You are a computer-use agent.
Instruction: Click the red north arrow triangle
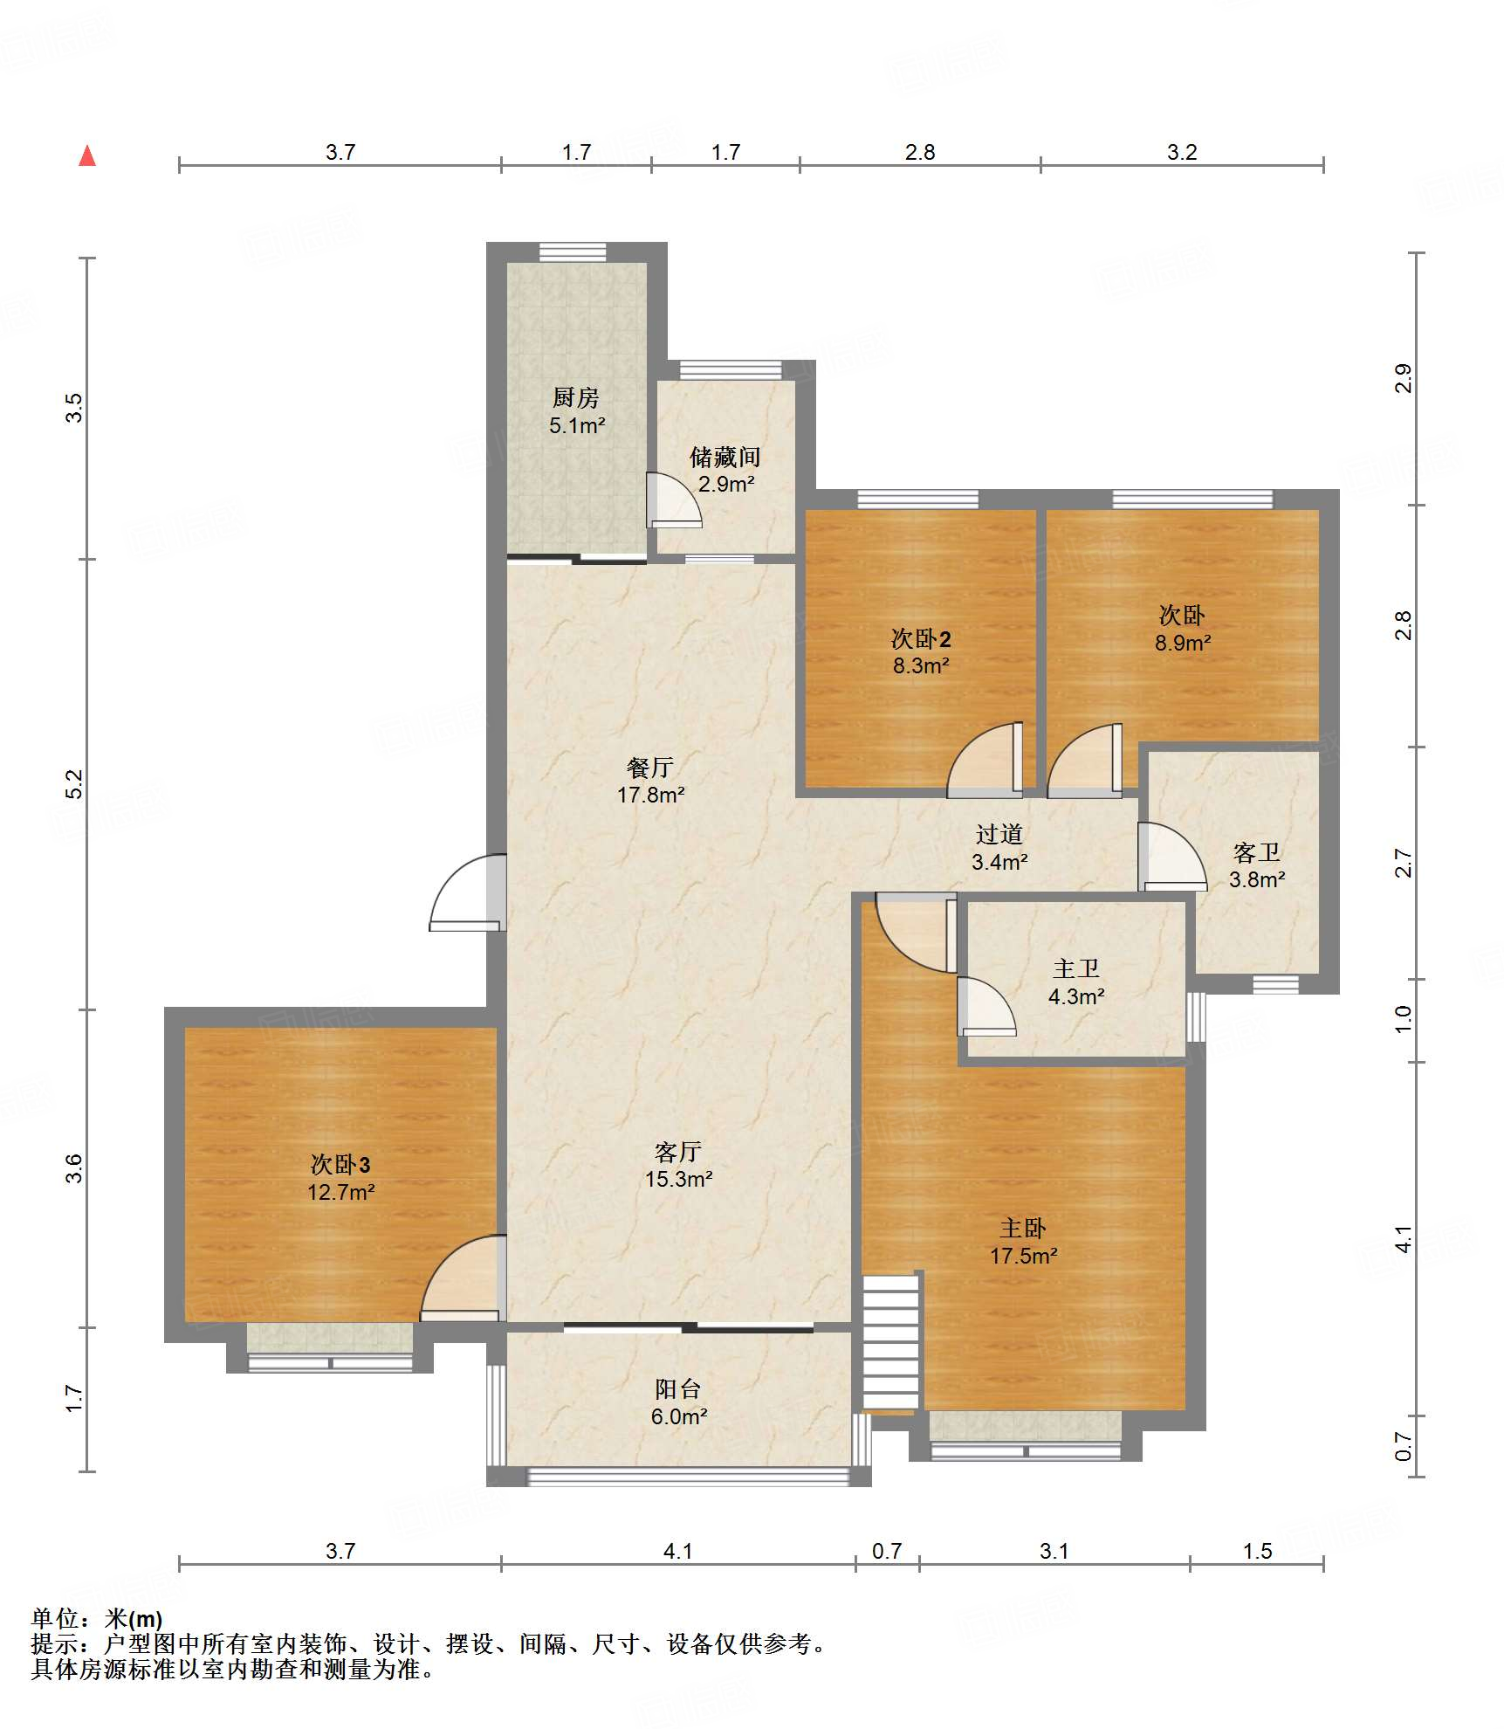(x=87, y=155)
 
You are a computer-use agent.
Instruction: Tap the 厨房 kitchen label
(x=576, y=398)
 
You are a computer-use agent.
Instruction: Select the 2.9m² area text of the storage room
(x=726, y=484)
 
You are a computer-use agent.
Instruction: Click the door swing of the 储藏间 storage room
(x=673, y=500)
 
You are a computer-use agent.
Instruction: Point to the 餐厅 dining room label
(x=650, y=768)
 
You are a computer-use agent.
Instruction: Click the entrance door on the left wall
(x=468, y=892)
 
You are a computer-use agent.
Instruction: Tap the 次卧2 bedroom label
(x=921, y=638)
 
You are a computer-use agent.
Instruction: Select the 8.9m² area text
(x=1183, y=644)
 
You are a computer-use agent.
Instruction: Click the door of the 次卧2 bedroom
(x=985, y=760)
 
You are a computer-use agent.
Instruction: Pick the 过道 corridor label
(x=999, y=834)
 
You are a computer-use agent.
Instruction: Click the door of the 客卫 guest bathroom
(x=1172, y=857)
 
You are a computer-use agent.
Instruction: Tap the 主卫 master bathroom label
(x=1076, y=968)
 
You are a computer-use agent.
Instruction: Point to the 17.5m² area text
(x=1024, y=1256)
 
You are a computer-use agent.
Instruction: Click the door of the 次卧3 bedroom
(x=464, y=1278)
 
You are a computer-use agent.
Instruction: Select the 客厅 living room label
(x=678, y=1152)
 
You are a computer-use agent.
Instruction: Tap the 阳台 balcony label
(x=678, y=1389)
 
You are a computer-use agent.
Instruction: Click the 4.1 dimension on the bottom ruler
(x=678, y=1551)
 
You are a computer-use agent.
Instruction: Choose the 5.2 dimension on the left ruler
(x=75, y=783)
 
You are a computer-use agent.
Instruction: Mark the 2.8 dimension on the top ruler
(x=920, y=152)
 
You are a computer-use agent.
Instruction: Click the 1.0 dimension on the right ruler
(x=1403, y=1019)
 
